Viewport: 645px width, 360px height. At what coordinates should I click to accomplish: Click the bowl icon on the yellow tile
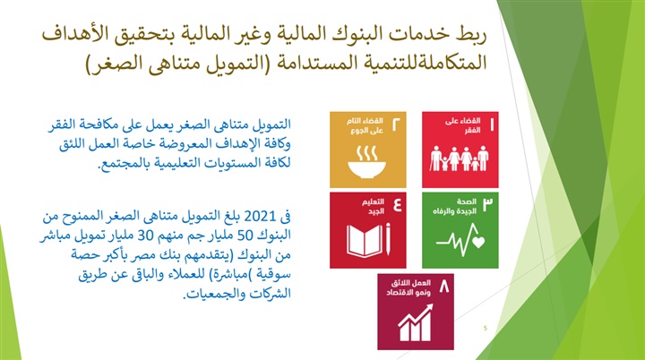pyautogui.click(x=366, y=162)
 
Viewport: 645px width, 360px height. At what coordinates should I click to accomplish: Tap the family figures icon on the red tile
pyautogui.click(x=460, y=158)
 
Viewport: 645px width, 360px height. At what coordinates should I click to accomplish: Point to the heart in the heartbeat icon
pyautogui.click(x=478, y=242)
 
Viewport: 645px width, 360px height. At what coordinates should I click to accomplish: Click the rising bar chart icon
pyautogui.click(x=416, y=322)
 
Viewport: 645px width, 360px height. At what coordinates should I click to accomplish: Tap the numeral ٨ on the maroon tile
pyautogui.click(x=443, y=286)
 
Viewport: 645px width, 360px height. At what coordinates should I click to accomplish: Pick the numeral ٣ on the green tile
pyautogui.click(x=487, y=204)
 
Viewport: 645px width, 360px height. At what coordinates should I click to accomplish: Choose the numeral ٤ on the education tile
pyautogui.click(x=398, y=204)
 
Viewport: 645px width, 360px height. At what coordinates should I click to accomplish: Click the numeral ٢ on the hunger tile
pyautogui.click(x=396, y=124)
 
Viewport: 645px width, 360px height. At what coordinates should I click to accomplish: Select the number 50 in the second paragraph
pyautogui.click(x=245, y=236)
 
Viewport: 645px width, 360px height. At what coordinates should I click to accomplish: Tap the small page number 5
pyautogui.click(x=486, y=328)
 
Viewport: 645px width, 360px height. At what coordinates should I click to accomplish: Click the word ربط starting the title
pyautogui.click(x=472, y=34)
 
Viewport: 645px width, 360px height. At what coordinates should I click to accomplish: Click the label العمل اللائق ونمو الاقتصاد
pyautogui.click(x=408, y=287)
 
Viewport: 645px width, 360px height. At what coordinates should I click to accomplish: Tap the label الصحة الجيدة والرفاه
pyautogui.click(x=455, y=207)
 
